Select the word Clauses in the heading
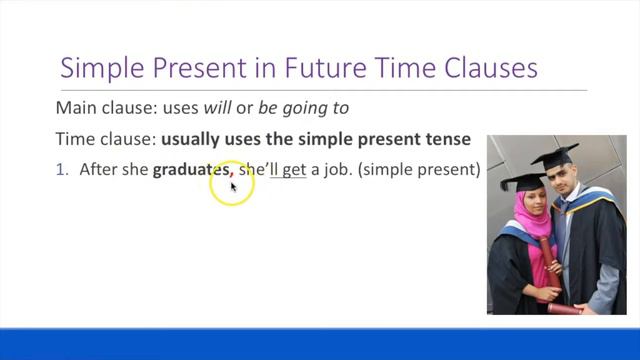click(x=486, y=68)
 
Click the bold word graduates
click(x=190, y=170)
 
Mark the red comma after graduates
click(x=232, y=173)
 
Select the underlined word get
click(x=293, y=170)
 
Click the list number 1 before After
click(x=61, y=170)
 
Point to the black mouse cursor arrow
click(x=234, y=186)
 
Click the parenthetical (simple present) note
click(x=421, y=170)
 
